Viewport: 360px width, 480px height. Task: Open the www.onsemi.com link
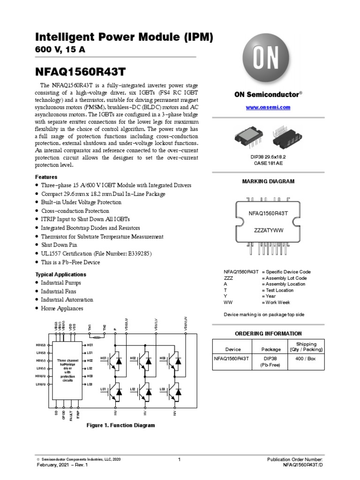tap(268, 107)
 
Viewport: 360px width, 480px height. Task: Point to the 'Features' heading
tap(46, 177)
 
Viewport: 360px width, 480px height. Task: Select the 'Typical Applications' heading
tap(61, 274)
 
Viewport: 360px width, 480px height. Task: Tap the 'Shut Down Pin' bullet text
tap(59, 245)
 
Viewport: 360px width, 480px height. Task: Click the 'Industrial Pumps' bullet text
tap(61, 283)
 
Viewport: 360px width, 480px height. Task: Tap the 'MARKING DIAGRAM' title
tap(268, 181)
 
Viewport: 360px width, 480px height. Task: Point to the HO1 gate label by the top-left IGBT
tap(104, 359)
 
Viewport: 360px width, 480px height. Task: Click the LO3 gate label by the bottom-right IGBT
tap(162, 390)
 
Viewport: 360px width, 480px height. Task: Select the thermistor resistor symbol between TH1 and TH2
tap(97, 337)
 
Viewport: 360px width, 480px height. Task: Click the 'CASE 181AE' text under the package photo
tap(268, 163)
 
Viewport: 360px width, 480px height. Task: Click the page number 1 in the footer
tap(180, 460)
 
